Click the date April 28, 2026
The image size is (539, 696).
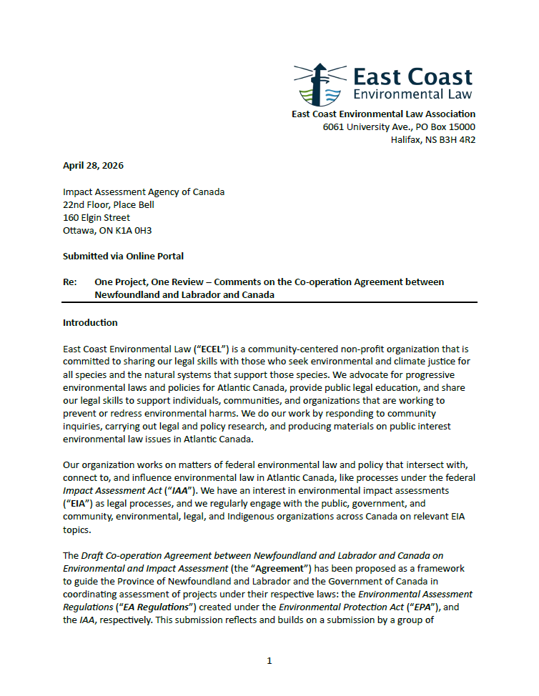93,165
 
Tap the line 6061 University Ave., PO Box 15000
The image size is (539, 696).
399,127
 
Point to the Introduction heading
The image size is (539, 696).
90,322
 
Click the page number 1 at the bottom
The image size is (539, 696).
269,660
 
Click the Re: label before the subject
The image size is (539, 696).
70,282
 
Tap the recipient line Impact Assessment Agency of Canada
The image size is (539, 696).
144,192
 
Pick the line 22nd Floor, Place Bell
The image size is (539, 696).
109,204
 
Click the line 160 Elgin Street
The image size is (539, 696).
97,217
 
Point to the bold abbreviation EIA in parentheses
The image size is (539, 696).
77,503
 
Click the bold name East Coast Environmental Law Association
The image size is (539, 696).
383,114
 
